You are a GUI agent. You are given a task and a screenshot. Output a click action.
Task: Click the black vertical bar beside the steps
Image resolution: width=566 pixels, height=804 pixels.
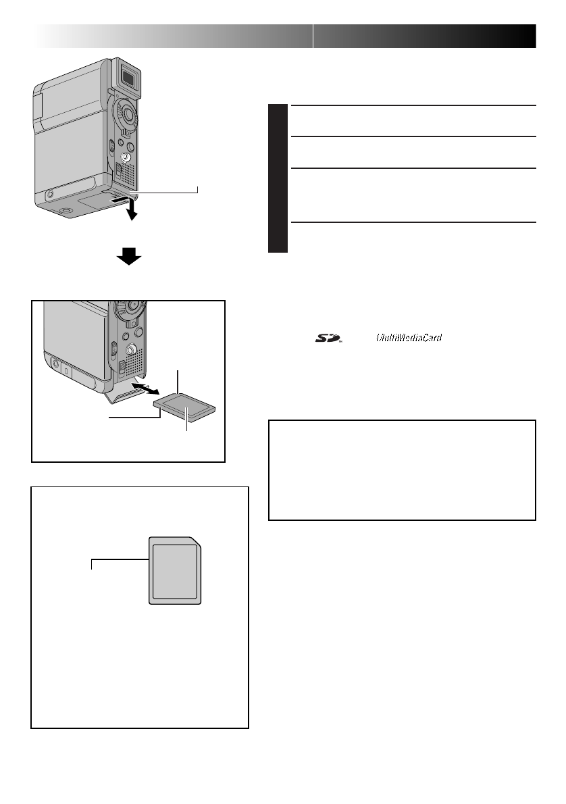click(x=278, y=178)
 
